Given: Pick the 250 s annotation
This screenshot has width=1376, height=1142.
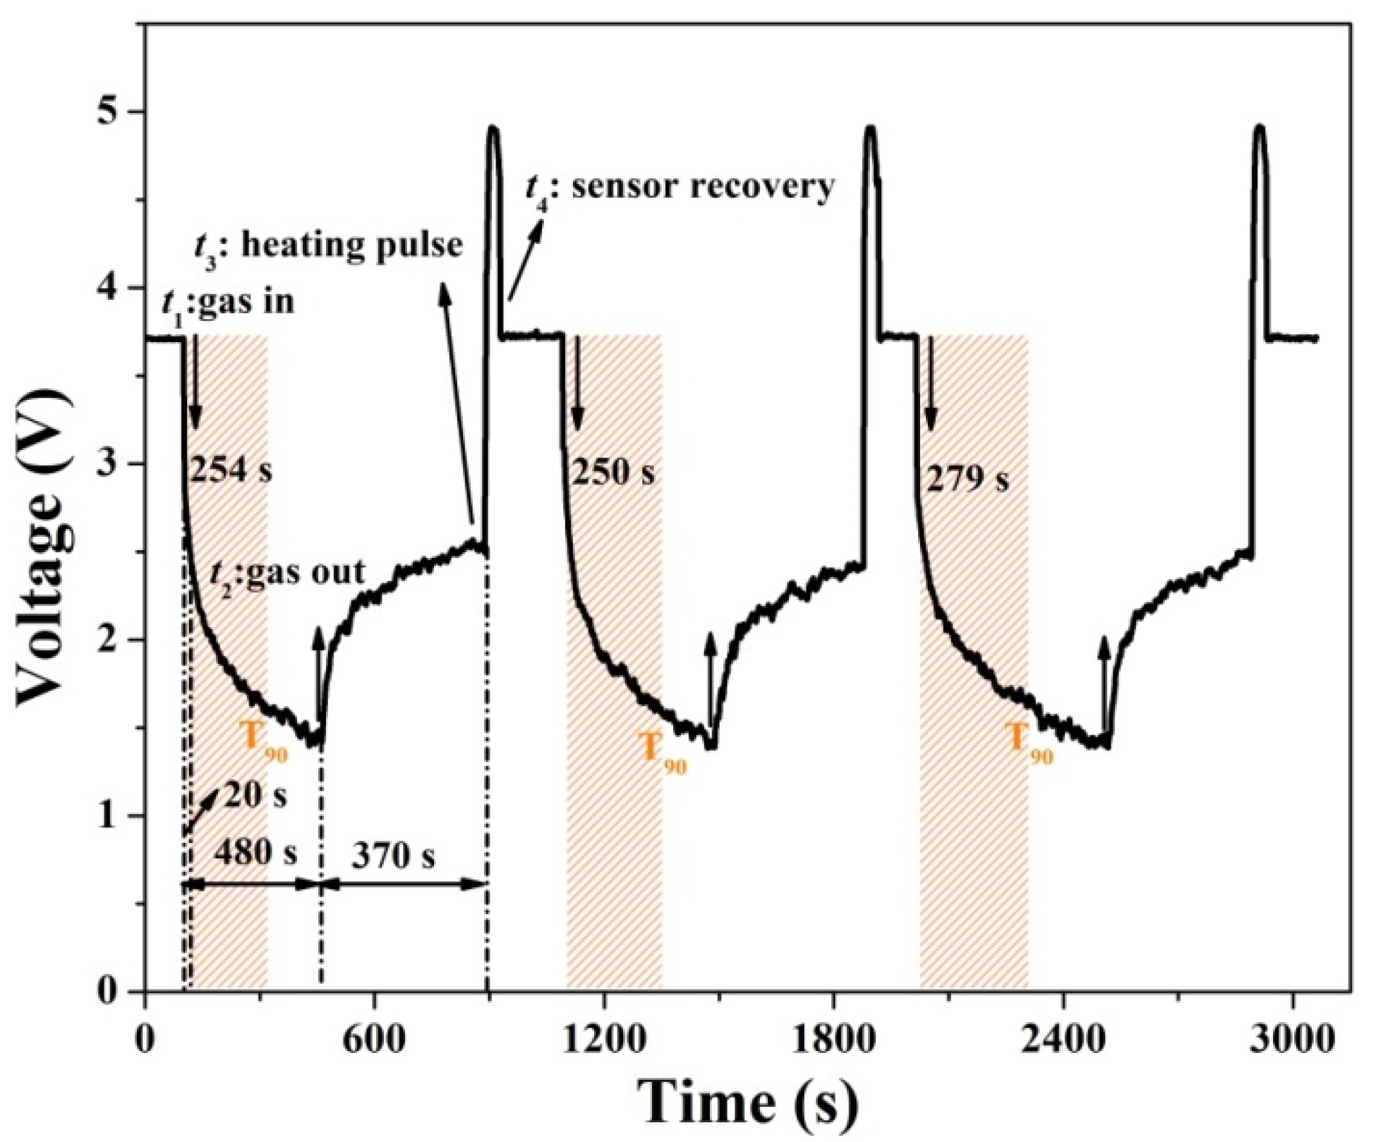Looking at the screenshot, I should pos(612,473).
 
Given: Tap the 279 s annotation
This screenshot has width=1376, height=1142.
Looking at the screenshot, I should pos(967,480).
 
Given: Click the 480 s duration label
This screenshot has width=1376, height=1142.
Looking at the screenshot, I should pos(255,853).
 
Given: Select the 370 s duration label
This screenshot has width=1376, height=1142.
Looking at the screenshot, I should pos(394,856).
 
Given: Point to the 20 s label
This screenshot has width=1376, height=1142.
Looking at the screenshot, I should pos(255,796).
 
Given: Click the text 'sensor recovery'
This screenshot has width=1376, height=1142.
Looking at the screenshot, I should pos(704,186).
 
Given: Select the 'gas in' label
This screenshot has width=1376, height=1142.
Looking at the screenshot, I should pos(246,302).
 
